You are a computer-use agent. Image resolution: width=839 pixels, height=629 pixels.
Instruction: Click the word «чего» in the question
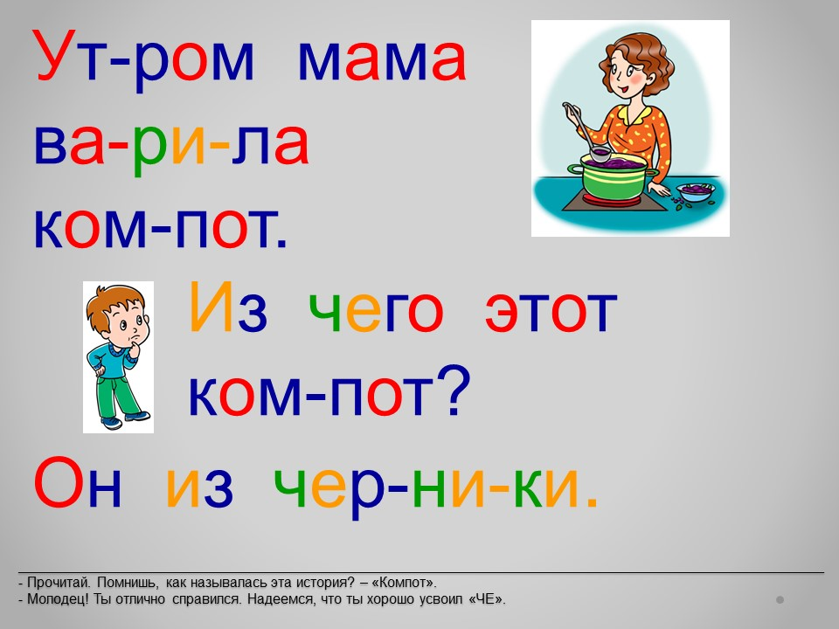coord(376,311)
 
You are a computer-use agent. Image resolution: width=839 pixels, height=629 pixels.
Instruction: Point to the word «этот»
coord(551,311)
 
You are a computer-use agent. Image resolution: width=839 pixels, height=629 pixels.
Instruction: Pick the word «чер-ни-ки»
coord(435,487)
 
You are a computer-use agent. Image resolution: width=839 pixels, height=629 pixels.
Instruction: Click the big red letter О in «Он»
coord(59,482)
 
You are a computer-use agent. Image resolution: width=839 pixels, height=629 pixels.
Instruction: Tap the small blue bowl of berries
coord(696,192)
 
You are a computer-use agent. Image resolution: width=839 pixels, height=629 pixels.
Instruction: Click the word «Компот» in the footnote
coord(404,583)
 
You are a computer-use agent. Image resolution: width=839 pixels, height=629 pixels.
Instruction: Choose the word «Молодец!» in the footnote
coord(59,599)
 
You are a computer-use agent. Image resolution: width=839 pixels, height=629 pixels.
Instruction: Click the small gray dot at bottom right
coord(780,600)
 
